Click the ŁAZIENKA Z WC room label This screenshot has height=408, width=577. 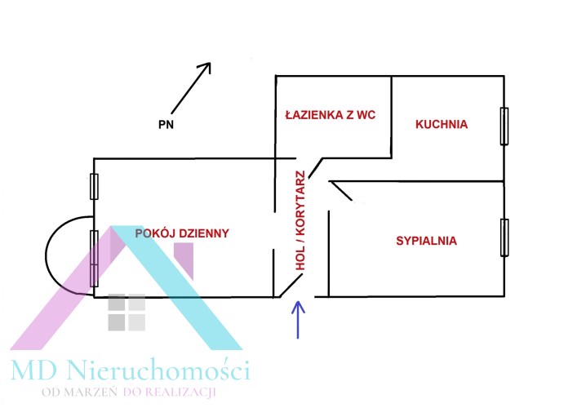330,115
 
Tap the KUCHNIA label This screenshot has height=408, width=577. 441,125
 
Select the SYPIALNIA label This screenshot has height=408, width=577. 426,241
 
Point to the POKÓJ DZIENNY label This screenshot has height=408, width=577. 182,233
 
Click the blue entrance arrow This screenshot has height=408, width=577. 298,319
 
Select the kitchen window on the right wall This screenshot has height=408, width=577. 504,126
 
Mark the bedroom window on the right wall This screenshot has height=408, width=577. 504,237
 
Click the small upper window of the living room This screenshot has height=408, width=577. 94,186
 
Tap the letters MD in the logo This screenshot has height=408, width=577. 33,371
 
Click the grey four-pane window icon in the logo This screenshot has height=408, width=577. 126,313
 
